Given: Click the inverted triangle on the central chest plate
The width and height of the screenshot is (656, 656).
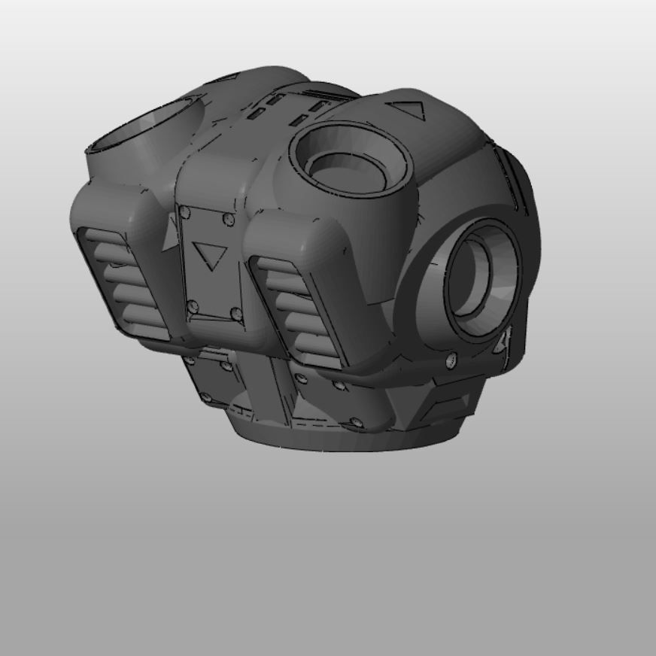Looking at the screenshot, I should [208, 255].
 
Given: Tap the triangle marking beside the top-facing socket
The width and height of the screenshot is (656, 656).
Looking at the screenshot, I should [409, 111].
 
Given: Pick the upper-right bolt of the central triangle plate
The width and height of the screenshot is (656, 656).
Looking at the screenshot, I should [227, 219].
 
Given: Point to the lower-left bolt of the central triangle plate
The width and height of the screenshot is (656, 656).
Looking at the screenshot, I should [193, 305].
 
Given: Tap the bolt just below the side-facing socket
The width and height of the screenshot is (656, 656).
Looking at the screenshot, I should [451, 360].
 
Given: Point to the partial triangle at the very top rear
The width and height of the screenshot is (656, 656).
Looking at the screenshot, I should [229, 77].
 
